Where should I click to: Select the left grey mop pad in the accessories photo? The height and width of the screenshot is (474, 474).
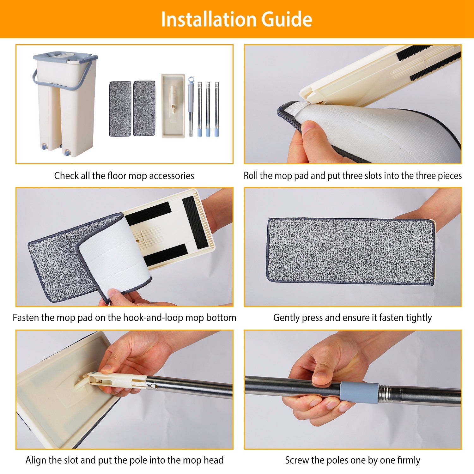click(x=120, y=109)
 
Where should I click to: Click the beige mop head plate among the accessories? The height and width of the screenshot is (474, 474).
click(x=173, y=106)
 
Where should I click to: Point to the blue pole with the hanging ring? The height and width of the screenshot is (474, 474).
click(x=191, y=106)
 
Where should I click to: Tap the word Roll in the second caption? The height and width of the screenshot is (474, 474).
click(x=251, y=175)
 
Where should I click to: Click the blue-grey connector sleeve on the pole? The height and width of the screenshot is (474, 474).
click(x=359, y=392)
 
